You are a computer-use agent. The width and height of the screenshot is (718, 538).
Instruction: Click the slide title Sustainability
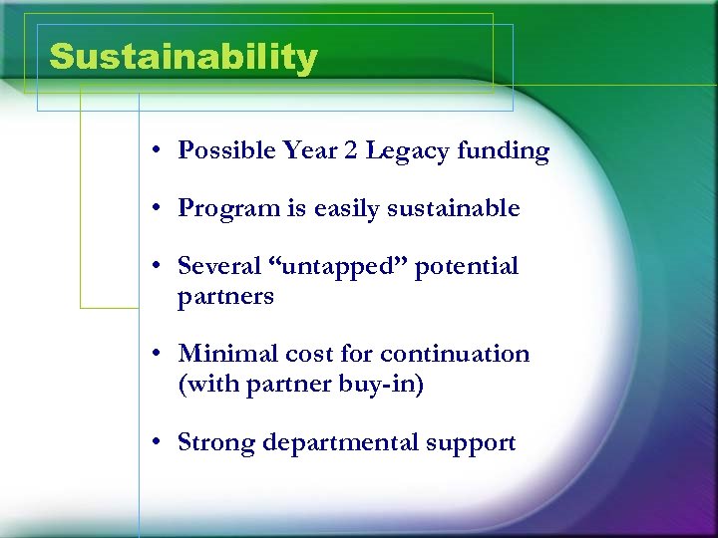tap(182, 57)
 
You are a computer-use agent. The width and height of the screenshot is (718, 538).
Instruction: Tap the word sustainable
tap(456, 208)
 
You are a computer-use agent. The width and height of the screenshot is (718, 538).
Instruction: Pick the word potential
tap(467, 268)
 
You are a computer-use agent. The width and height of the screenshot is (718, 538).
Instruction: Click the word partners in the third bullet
tap(225, 297)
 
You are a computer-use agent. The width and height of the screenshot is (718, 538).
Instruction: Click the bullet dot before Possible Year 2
tap(159, 151)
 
